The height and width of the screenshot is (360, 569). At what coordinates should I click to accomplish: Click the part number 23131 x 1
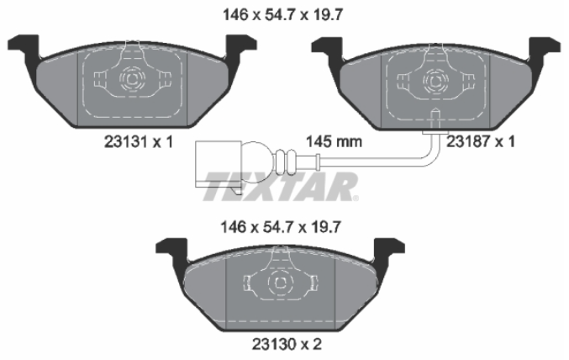tap(139, 141)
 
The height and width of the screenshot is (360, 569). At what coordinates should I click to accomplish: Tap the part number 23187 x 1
tap(481, 141)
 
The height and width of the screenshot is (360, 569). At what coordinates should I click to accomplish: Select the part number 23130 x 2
tap(287, 344)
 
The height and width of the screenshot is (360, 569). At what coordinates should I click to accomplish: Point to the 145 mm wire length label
tap(334, 141)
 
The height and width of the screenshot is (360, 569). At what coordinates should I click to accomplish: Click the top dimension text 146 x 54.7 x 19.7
tap(282, 15)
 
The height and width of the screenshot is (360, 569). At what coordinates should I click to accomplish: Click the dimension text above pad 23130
tap(281, 227)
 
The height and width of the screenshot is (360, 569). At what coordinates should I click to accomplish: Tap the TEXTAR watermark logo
tap(281, 187)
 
